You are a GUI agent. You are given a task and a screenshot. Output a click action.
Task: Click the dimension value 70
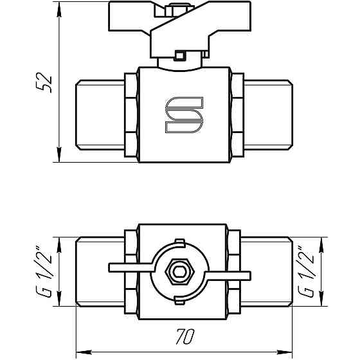(x=184, y=337)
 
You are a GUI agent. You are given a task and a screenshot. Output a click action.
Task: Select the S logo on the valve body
(x=184, y=116)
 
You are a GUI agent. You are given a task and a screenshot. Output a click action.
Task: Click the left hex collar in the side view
(x=130, y=116)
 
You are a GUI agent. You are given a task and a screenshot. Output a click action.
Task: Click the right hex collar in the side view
(x=237, y=116)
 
